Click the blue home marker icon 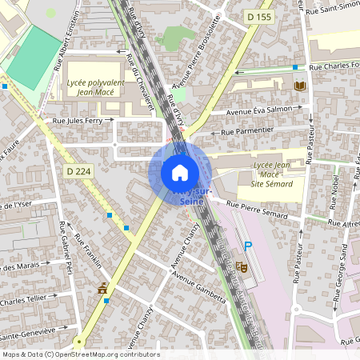pyautogui.click(x=180, y=172)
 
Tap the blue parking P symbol pyautogui.click(x=248, y=246)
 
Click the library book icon pyautogui.click(x=300, y=86)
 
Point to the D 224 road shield pyautogui.click(x=78, y=170)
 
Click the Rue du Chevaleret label pyautogui.click(x=139, y=88)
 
